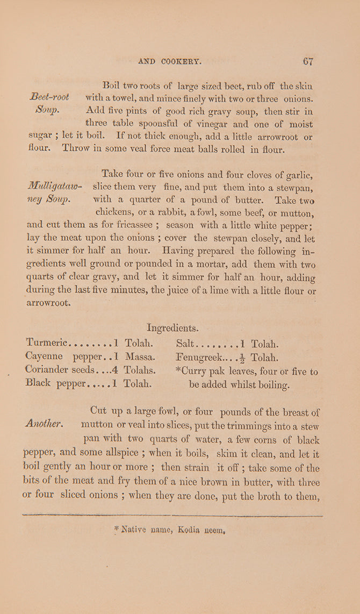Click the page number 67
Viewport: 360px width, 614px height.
(308, 61)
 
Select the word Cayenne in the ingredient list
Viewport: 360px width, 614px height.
(44, 356)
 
